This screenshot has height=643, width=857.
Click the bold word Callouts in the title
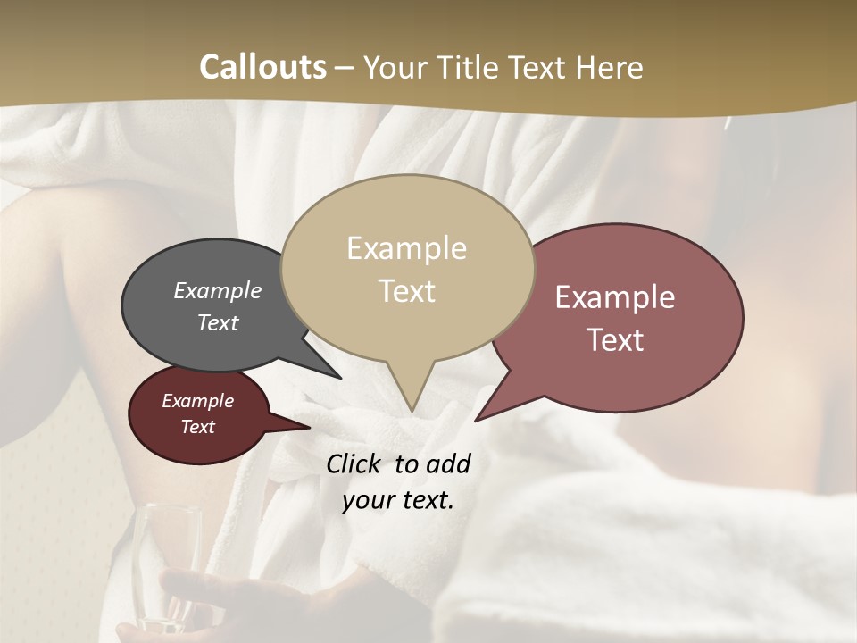pyautogui.click(x=262, y=67)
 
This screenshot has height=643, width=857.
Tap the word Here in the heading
pyautogui.click(x=610, y=67)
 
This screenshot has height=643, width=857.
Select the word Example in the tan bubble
pyautogui.click(x=406, y=248)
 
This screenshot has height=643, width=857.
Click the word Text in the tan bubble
pyautogui.click(x=406, y=291)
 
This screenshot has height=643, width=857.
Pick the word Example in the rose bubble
pyautogui.click(x=615, y=297)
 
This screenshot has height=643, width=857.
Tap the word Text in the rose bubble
pyautogui.click(x=615, y=340)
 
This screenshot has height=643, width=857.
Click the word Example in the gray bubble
pyautogui.click(x=217, y=290)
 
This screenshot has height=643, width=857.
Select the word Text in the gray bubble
pyautogui.click(x=217, y=322)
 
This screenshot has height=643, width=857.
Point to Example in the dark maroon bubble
pyautogui.click(x=197, y=401)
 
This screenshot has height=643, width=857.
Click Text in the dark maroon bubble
pyautogui.click(x=197, y=427)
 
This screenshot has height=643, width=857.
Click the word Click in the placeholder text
pyautogui.click(x=354, y=463)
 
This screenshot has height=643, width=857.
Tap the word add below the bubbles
pyautogui.click(x=447, y=463)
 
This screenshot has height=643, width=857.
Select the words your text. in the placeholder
pyautogui.click(x=397, y=500)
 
